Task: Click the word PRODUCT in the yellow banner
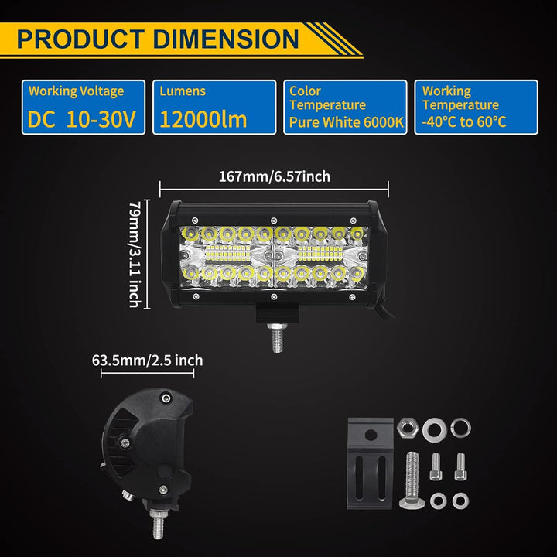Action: point(80,39)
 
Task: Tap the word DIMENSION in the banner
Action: point(226,39)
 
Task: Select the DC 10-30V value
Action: point(82,119)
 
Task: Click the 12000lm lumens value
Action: point(203,119)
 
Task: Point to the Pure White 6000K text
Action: point(347,122)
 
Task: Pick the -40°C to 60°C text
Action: point(464,122)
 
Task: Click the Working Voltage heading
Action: point(77,91)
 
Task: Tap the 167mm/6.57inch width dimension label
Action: point(274,176)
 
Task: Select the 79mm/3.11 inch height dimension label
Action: point(135,255)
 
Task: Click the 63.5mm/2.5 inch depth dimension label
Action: point(148,361)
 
